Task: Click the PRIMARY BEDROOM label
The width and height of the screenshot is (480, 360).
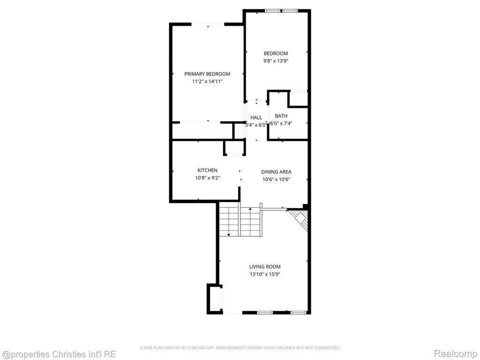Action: coord(207,74)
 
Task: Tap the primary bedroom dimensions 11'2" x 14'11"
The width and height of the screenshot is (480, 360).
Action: coord(207,82)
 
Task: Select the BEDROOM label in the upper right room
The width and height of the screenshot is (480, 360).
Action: coord(276,53)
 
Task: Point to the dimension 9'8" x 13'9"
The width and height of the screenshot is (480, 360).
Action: coord(276,60)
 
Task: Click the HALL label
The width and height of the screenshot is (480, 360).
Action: coord(256,118)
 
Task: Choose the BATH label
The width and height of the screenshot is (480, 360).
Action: coord(281,116)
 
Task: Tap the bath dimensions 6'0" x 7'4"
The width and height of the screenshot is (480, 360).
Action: coord(281,123)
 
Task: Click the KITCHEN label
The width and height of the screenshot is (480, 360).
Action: coord(208,170)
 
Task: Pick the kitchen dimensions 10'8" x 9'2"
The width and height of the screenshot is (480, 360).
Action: coord(208,178)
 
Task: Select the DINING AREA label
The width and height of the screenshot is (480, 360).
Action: coord(276,172)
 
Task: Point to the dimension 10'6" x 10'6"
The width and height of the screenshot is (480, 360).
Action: coord(276,180)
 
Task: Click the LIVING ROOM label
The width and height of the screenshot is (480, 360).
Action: coord(265,267)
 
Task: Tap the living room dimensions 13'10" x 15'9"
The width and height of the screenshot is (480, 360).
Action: coord(265,274)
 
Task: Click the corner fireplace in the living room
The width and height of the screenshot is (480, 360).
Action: coord(300,219)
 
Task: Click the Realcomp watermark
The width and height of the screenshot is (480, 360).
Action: coord(456,353)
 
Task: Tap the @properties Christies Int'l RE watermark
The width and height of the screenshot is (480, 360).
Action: coord(59,354)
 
